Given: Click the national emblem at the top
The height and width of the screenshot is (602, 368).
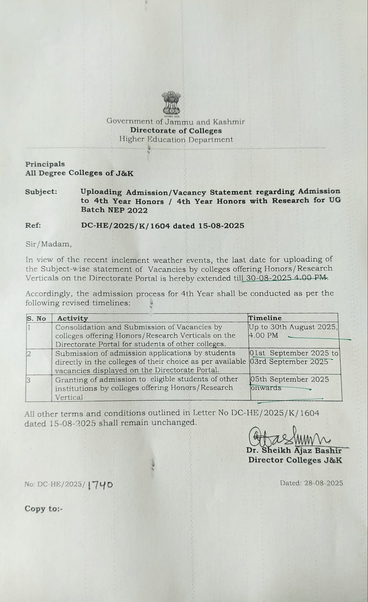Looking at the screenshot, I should pos(171,104).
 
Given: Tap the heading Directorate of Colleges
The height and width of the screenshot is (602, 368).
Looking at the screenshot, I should pos(176,130).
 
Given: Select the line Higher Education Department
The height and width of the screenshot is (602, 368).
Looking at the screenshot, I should pos(176,140).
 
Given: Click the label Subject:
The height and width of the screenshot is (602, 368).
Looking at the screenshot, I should pos(41,192).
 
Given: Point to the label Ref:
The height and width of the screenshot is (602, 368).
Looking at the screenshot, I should pos(33,225).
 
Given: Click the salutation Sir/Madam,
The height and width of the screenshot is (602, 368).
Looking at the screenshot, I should pos(49,244).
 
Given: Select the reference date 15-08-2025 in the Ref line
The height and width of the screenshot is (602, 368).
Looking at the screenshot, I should pos(221,226).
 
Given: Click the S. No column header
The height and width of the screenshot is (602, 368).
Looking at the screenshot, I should pos(36,319).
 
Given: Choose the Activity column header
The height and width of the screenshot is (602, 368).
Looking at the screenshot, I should pos(72,319).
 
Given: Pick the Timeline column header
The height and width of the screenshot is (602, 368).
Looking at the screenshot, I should pos(265,318).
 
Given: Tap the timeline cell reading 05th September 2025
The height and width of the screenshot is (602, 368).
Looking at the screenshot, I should pos(290,379).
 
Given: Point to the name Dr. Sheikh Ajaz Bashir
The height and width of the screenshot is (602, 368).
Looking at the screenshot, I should pos(294,451).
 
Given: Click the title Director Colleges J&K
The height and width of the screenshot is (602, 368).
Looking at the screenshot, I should pos(295,460).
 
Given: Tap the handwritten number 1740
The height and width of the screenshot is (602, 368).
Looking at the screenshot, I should pos(100,485).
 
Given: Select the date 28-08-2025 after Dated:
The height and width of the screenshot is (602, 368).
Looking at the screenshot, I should pos(323,483).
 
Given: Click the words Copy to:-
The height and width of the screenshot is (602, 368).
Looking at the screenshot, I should pos(44,509).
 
